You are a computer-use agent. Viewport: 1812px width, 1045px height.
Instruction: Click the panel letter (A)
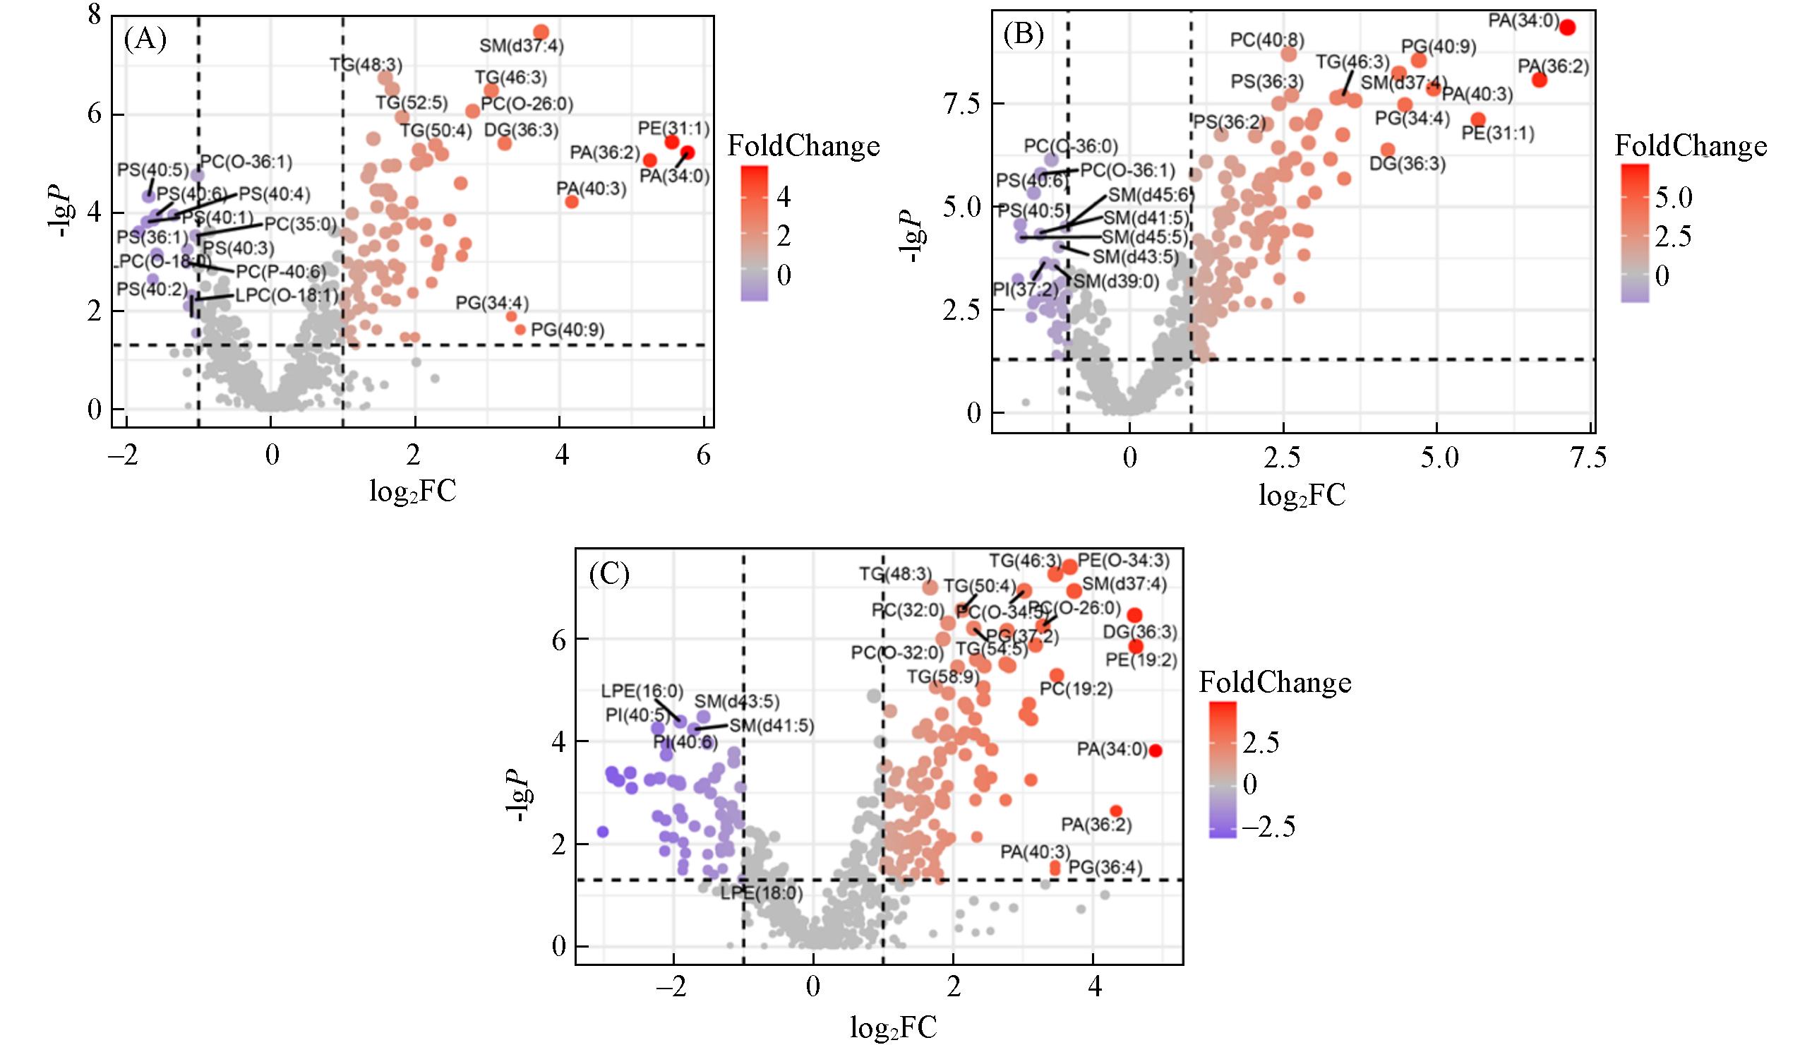click(x=145, y=40)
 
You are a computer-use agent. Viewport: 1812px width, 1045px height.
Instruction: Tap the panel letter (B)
click(x=1023, y=34)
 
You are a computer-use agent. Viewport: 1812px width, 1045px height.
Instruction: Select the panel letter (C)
click(x=609, y=574)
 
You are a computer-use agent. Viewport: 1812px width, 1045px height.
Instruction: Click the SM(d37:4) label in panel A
click(x=522, y=47)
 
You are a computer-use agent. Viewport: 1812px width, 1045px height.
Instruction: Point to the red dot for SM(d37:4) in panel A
click(x=541, y=32)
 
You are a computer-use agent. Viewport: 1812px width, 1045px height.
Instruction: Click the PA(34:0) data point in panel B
click(x=1567, y=28)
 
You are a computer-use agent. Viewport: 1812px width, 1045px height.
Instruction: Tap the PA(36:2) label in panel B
click(x=1553, y=67)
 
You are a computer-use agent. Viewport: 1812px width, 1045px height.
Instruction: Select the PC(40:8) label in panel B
click(x=1267, y=40)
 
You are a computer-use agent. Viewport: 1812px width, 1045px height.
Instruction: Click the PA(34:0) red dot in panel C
click(x=1155, y=751)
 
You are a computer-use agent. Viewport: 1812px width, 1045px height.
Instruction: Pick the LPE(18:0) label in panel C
click(x=762, y=894)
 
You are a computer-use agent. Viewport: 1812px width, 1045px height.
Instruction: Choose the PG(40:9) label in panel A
click(x=568, y=330)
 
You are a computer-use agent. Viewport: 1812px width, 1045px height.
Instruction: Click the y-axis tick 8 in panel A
click(x=94, y=16)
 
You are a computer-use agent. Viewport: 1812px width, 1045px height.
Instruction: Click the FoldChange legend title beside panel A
click(x=803, y=146)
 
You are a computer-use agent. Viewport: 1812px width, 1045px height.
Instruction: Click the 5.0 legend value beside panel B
click(x=1674, y=198)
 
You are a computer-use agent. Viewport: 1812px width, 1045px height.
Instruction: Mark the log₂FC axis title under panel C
click(x=893, y=1028)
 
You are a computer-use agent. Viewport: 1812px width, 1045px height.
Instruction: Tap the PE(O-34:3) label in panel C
click(x=1123, y=560)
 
